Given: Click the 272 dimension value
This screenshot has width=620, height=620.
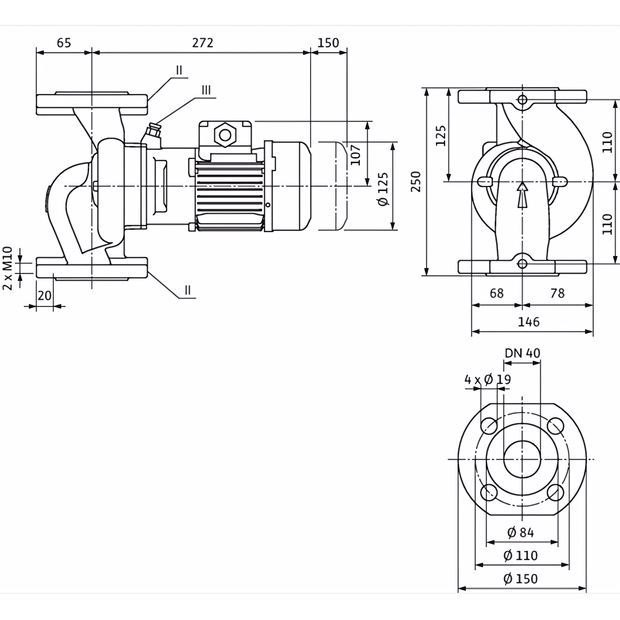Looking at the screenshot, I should point(202,43).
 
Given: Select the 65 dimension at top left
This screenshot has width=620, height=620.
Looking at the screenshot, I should point(63,43).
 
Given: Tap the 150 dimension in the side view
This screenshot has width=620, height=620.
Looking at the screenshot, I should point(328,43).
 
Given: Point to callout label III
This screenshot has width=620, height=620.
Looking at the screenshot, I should point(206,90).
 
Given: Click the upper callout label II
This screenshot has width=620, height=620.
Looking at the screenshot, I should point(179,70).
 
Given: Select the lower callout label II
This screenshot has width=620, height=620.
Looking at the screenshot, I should point(188,290).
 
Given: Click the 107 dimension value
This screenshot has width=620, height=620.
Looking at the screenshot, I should point(356,155).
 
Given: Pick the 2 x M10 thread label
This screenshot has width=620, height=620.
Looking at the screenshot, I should point(8,268).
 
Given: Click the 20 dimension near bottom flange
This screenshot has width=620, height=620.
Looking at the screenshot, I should point(44,296).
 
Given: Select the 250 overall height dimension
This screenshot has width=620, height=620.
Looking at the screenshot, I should point(416,182).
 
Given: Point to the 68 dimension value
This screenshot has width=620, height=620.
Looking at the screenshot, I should point(497,293).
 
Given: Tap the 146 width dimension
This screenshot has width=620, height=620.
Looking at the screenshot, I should point(529,322).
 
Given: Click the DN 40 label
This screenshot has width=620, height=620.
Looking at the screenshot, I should point(523,353).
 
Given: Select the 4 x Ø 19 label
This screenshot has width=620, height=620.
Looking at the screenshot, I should point(487,380).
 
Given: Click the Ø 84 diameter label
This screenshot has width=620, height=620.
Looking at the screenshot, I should point(520,533).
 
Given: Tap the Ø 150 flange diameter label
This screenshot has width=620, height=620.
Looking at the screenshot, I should point(520,579).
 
